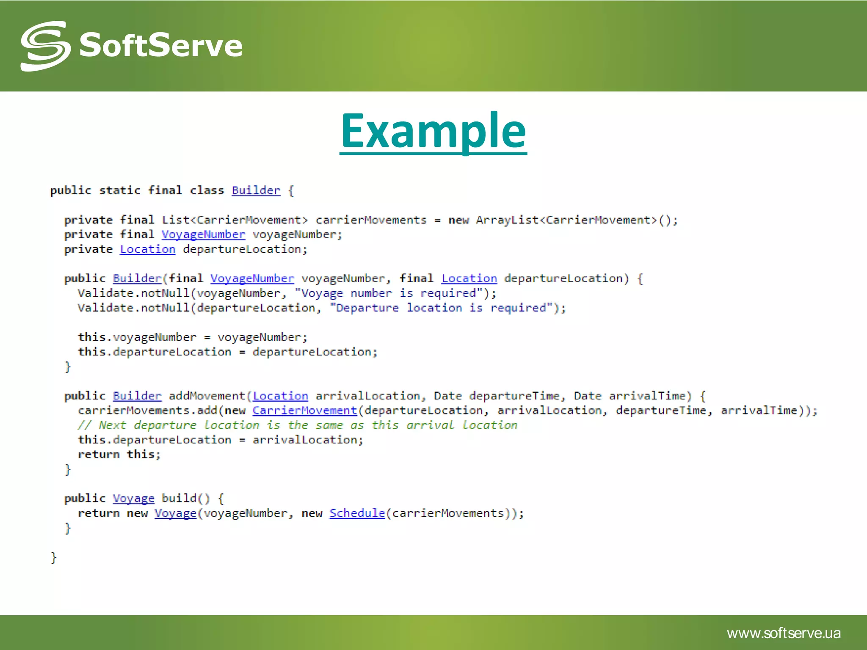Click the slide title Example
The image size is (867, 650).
coord(433,131)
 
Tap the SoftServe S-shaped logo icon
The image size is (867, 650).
coord(45,46)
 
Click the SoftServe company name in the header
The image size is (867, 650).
coord(161,46)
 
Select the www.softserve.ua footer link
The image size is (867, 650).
coord(784,633)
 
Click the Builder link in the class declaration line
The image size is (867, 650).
coord(256,190)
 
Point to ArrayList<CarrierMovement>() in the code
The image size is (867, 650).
coord(576,220)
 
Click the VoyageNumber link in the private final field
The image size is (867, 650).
coord(203,234)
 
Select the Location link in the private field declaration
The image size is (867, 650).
coord(148,249)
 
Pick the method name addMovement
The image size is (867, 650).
coord(207,396)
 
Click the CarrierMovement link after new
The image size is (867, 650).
coord(305,410)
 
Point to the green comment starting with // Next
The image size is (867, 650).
coord(298,425)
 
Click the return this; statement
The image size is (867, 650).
coord(119,454)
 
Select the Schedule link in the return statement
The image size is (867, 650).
coord(357,513)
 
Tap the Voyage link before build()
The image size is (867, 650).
coord(133,499)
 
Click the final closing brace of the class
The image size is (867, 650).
coord(53,557)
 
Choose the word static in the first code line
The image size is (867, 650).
coord(119,190)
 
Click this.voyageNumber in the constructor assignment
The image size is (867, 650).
coord(137,337)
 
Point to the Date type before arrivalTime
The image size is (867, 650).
coord(587,396)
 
